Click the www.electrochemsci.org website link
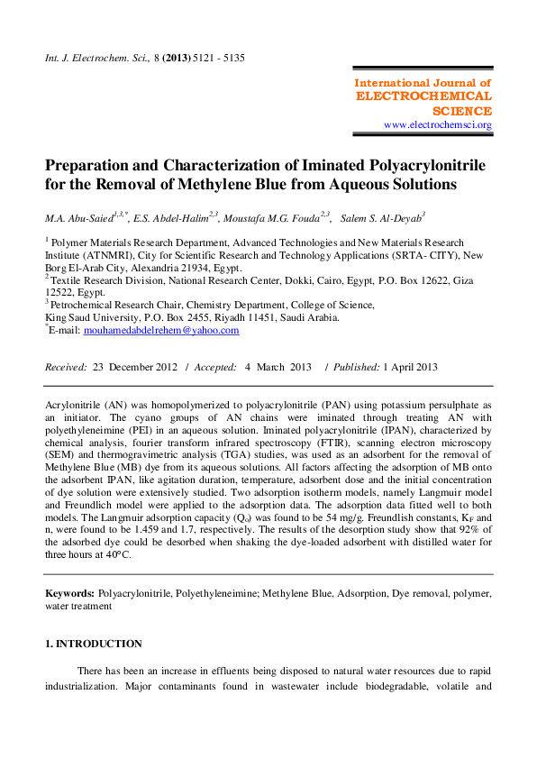point(438,125)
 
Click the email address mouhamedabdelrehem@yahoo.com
point(161,330)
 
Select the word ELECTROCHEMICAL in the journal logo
point(424,96)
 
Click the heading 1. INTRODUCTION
point(94,644)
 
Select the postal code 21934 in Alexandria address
point(185,268)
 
